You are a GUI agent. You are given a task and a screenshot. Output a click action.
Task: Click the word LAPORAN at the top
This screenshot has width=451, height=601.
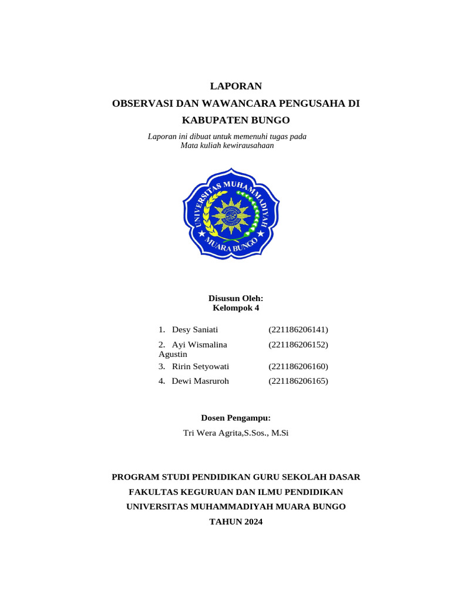click(235, 86)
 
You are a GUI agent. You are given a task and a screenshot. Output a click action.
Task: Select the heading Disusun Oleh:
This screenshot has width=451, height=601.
click(235, 298)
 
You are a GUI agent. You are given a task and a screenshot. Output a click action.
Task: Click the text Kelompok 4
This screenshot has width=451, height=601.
click(235, 308)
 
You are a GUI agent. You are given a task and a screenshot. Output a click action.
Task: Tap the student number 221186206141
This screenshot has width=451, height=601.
click(298, 329)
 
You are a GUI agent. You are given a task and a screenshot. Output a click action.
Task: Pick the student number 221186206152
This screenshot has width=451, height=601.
click(298, 345)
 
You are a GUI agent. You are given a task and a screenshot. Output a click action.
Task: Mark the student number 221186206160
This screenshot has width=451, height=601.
click(298, 366)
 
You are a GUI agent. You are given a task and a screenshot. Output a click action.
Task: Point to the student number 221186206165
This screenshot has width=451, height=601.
click(298, 381)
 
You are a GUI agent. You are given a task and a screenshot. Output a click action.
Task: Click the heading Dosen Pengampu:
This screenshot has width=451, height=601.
click(235, 418)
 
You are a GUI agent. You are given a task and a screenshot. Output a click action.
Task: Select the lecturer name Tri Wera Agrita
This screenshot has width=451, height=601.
click(213, 433)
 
